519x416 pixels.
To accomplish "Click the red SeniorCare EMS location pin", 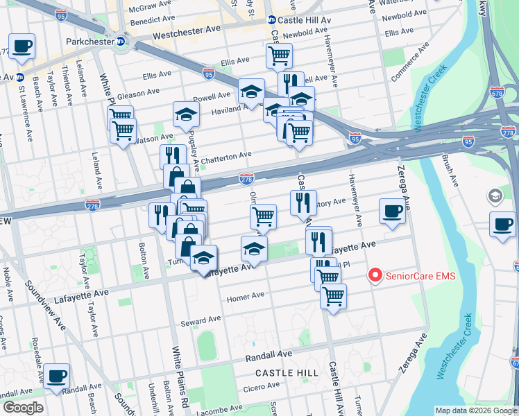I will pyautogui.click(x=375, y=276).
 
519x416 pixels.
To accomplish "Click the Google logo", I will pyautogui.click(x=22, y=408).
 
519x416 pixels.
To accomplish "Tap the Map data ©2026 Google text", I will pyautogui.click(x=475, y=410).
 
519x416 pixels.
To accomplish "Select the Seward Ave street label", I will pyautogui.click(x=201, y=319).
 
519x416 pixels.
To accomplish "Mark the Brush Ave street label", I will pyautogui.click(x=450, y=171).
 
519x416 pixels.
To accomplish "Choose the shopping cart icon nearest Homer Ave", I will pyautogui.click(x=333, y=296).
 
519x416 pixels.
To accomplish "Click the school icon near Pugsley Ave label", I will pyautogui.click(x=186, y=113).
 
